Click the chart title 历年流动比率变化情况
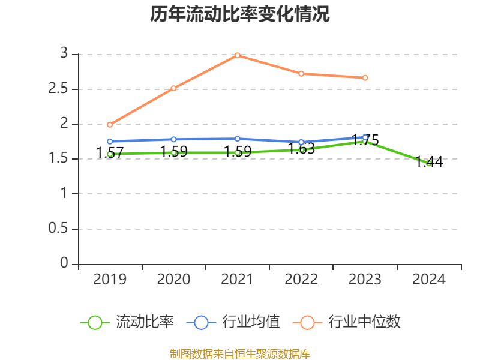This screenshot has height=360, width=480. point(240,14)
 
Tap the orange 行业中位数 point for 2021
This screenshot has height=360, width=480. point(238,55)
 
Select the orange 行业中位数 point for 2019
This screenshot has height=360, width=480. point(110,125)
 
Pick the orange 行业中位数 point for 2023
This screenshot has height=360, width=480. point(365,77)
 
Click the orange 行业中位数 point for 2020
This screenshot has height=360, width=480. point(173,88)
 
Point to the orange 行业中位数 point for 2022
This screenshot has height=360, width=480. point(301,73)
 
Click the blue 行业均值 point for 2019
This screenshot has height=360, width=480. point(110,142)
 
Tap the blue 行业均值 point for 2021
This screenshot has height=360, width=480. point(238,139)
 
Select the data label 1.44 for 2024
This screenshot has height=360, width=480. point(429,161)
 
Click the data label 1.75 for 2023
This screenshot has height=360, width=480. point(365,140)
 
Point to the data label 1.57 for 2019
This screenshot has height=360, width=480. point(110,152)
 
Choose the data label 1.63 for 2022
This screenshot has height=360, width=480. point(301,149)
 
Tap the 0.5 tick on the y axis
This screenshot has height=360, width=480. point(59,229)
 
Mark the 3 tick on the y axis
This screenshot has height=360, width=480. point(63,54)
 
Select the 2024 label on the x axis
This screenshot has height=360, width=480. point(429,280)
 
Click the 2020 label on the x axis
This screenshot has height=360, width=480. point(173,280)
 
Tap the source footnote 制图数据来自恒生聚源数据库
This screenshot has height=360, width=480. point(240,353)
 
